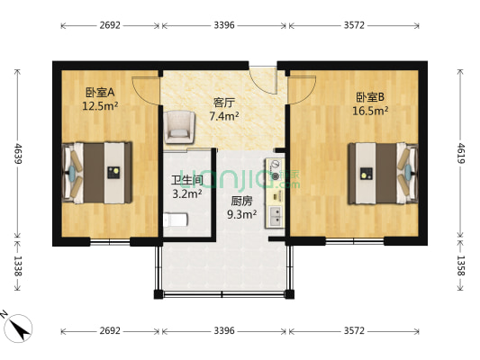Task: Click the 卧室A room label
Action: pyautogui.click(x=100, y=92)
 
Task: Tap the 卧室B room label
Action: pyautogui.click(x=370, y=97)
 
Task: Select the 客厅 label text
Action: pyautogui.click(x=224, y=103)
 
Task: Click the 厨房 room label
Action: pyautogui.click(x=241, y=201)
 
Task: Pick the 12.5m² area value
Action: pyautogui.click(x=100, y=105)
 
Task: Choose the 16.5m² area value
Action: pyautogui.click(x=370, y=111)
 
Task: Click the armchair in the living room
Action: pyautogui.click(x=179, y=125)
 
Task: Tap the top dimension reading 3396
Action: pyautogui.click(x=224, y=25)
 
